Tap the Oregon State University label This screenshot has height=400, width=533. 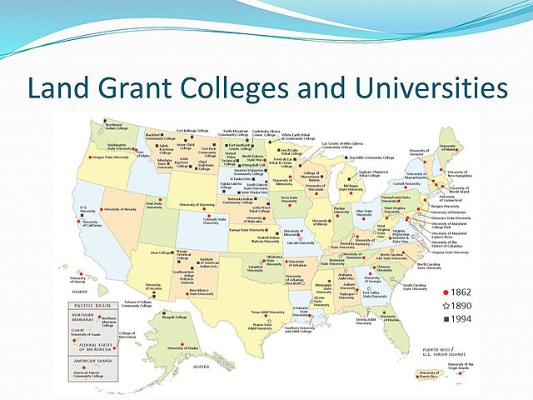(x=112, y=156)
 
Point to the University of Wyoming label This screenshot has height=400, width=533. (x=197, y=204)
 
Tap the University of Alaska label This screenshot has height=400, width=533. (x=182, y=347)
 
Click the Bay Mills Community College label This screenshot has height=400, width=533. (x=371, y=157)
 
